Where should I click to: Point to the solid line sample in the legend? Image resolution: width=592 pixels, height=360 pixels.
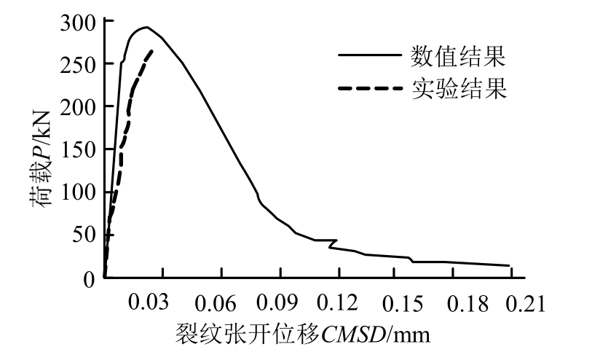pos(369,56)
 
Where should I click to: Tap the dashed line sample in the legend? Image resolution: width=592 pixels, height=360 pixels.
pos(369,89)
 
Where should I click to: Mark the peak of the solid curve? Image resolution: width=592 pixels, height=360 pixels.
pos(146,28)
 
